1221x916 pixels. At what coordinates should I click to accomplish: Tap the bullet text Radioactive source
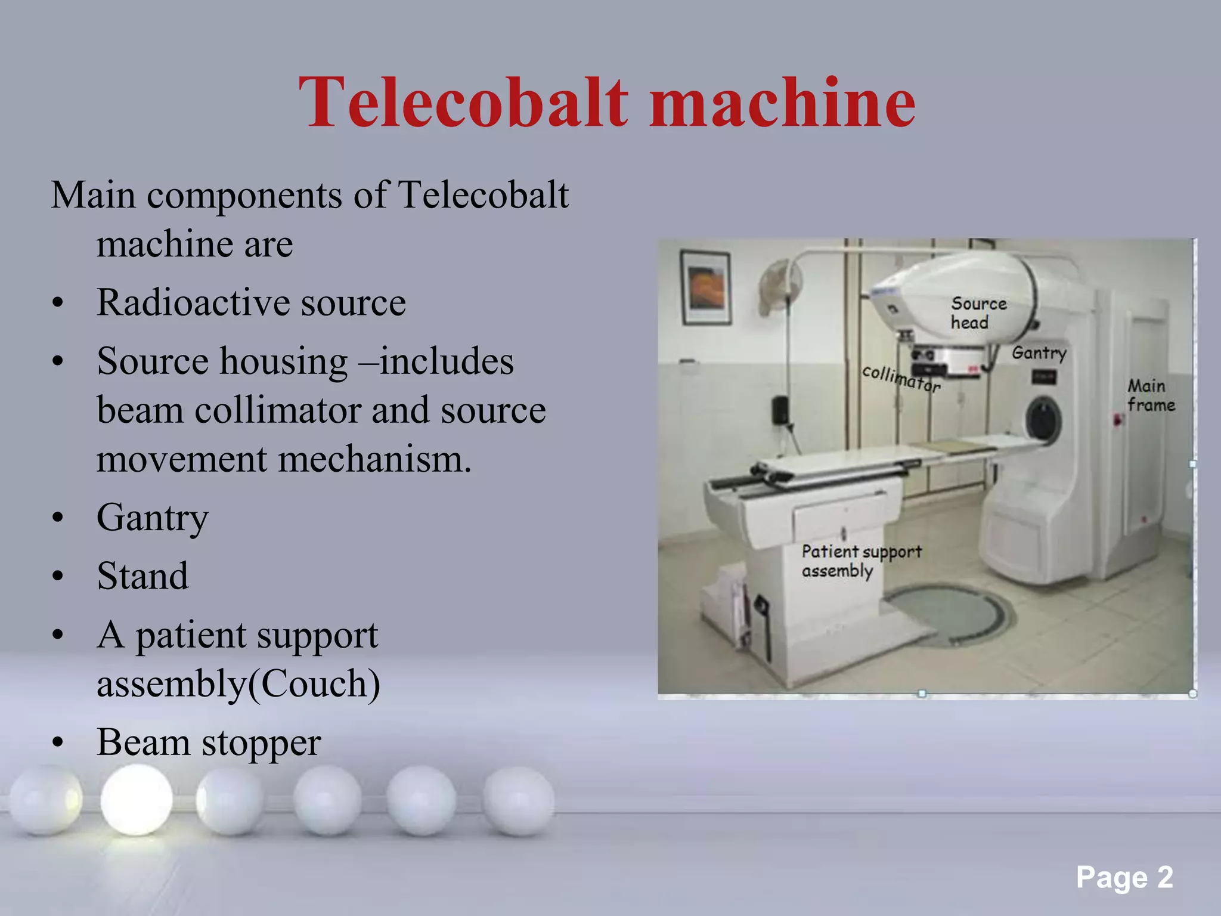(251, 302)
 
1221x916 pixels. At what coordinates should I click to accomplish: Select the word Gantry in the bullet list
(153, 517)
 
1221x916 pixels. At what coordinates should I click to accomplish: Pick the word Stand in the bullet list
(142, 576)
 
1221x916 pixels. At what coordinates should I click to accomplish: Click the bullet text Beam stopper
(209, 742)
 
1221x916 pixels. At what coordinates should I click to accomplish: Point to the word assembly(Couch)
(238, 683)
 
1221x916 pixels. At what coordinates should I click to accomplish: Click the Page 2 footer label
(1124, 877)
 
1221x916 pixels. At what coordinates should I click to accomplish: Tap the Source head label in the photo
(978, 312)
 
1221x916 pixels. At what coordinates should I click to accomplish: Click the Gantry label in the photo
(1039, 353)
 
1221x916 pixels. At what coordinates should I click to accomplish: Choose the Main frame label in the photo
(1150, 395)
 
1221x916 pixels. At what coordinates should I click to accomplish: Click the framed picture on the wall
(706, 287)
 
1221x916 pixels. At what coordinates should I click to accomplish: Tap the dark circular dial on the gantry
(1043, 419)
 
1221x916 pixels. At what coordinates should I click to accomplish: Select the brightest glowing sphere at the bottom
(137, 800)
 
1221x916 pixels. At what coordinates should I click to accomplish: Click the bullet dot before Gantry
(57, 518)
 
